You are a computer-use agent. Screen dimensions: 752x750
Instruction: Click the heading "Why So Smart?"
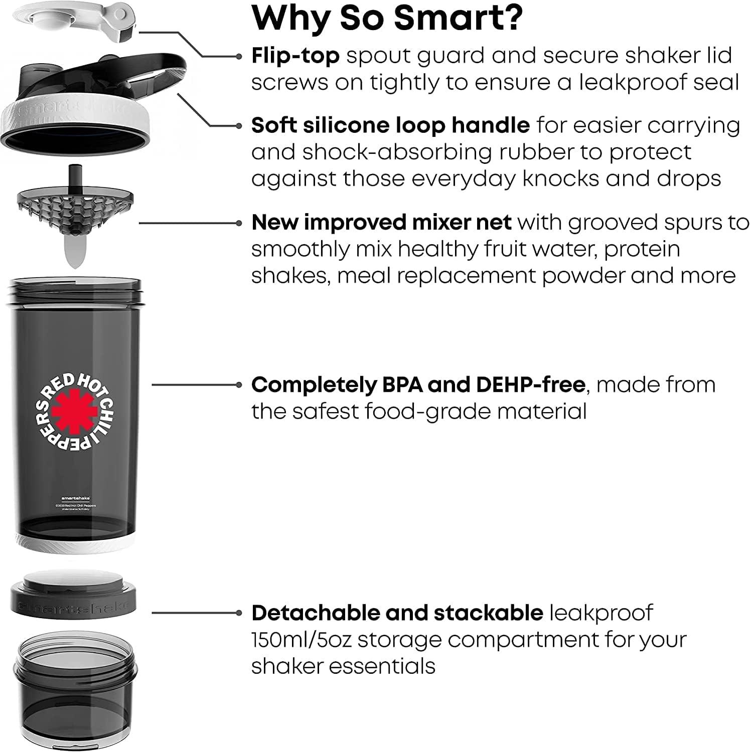387,18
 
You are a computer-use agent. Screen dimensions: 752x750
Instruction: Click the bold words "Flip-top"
295,56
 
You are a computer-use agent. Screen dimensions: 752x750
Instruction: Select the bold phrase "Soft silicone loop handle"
390,125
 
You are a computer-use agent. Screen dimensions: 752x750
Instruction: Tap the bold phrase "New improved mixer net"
381,222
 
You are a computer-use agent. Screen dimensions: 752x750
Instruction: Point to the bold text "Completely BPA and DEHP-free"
418,385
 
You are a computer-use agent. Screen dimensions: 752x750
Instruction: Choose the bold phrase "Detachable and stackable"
397,613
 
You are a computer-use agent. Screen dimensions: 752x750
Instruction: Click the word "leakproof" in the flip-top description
633,82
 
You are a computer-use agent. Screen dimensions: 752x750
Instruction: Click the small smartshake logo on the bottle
75,498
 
